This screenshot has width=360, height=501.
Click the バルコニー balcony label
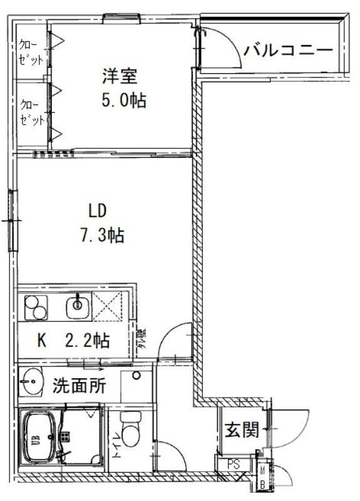click(x=288, y=51)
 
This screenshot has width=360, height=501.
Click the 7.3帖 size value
click(x=101, y=235)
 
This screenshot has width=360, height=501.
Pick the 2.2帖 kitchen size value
click(x=88, y=341)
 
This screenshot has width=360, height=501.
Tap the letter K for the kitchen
click(x=43, y=341)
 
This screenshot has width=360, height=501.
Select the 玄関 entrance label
click(x=242, y=430)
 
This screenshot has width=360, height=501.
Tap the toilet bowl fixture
click(x=130, y=431)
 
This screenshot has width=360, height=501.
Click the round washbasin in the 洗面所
click(x=30, y=381)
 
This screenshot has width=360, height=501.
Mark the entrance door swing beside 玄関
click(x=289, y=428)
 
